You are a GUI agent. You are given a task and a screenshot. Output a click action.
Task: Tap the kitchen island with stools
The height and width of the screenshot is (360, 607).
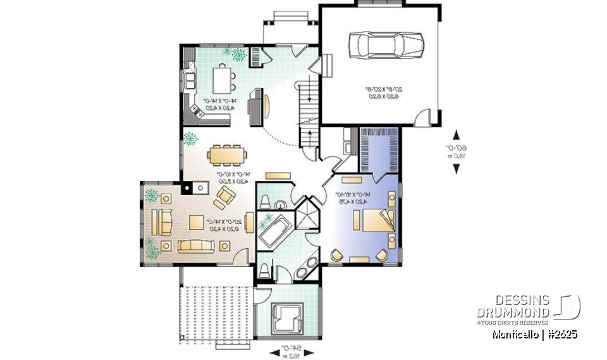pyautogui.click(x=222, y=79)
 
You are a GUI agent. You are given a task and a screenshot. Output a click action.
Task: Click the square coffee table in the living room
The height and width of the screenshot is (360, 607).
pyautogui.click(x=200, y=223)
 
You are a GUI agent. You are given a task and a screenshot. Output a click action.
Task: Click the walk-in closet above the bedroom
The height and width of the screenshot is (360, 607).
pyautogui.click(x=378, y=149)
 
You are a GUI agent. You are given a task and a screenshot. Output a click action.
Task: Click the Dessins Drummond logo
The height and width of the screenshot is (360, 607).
pyautogui.click(x=528, y=306)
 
